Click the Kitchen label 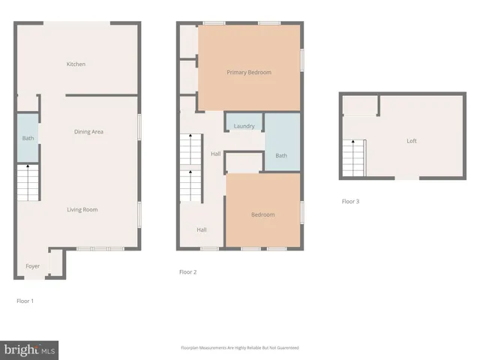76,64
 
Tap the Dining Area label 88,132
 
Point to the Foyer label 32,266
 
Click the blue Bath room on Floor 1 28,138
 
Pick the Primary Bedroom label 249,73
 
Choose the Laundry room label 244,126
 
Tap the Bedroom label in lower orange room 262,215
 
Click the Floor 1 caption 25,301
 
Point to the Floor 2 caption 187,271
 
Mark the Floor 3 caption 350,201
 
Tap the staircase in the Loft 353,157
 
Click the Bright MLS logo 29,349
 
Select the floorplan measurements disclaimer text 239,348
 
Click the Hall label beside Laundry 215,154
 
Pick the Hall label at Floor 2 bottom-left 202,230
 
